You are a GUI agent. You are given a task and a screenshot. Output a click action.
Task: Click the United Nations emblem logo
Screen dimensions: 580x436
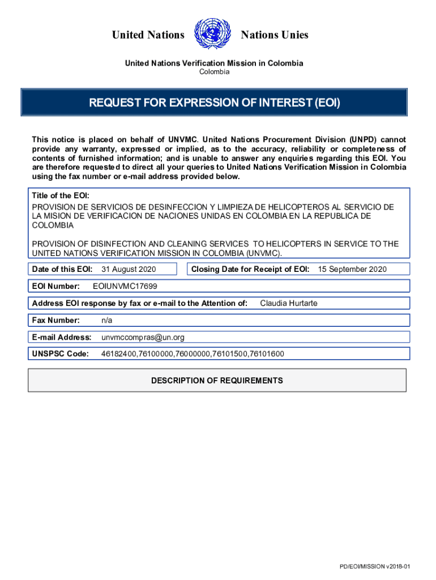tap(212, 35)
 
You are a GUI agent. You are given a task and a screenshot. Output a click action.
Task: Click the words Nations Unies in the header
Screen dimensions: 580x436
tap(275, 35)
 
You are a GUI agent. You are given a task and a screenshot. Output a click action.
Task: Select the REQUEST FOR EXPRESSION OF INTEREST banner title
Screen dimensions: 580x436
tap(215, 103)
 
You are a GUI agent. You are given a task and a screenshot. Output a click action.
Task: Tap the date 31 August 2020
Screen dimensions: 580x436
tap(129, 269)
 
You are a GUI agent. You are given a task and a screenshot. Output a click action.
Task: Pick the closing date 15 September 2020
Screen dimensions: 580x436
tap(352, 269)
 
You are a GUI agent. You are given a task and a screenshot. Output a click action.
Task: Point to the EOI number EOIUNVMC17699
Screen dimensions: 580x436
tap(125, 286)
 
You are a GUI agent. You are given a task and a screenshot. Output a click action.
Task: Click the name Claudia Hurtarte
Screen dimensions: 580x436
tap(289, 303)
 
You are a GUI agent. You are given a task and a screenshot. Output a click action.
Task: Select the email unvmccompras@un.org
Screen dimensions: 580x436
tap(143, 337)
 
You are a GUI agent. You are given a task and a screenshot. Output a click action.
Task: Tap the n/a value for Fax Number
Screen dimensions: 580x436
tap(107, 320)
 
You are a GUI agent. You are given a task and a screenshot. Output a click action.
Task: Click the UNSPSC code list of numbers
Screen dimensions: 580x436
tap(193, 354)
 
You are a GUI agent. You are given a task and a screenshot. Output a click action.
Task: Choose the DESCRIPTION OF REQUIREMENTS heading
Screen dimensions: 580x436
tap(217, 381)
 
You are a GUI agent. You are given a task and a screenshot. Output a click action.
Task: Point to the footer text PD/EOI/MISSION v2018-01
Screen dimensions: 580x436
tap(374, 567)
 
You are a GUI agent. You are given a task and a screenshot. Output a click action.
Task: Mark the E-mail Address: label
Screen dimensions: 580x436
tap(62, 337)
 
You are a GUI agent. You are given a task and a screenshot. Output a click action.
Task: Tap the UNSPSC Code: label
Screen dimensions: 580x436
tap(61, 354)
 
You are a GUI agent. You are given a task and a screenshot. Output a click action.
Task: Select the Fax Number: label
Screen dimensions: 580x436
tap(56, 320)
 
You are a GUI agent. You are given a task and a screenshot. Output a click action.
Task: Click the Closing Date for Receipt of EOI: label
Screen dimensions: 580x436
tap(250, 269)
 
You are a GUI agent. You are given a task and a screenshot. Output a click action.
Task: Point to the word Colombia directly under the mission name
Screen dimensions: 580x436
tap(214, 72)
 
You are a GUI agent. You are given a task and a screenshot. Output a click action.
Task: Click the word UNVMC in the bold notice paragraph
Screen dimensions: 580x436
tap(182, 139)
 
